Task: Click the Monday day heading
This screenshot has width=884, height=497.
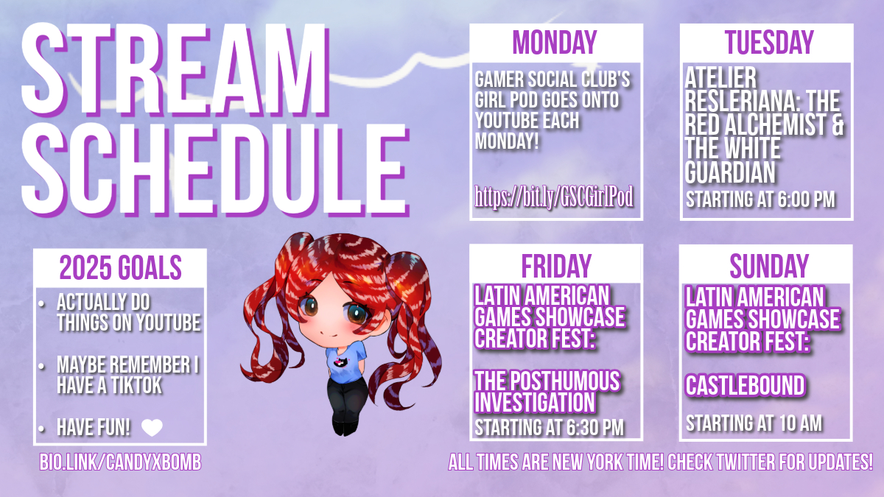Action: pyautogui.click(x=555, y=42)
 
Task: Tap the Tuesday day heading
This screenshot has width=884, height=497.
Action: pyautogui.click(x=769, y=42)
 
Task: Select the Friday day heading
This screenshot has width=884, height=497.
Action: pyautogui.click(x=556, y=267)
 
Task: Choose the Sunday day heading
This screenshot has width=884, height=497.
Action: pyautogui.click(x=769, y=267)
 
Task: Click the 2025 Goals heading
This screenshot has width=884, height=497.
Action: pyautogui.click(x=120, y=267)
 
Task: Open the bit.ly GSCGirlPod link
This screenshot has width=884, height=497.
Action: pyautogui.click(x=554, y=197)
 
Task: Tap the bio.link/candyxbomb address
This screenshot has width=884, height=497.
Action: pyautogui.click(x=120, y=462)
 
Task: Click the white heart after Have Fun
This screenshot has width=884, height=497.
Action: pyautogui.click(x=152, y=428)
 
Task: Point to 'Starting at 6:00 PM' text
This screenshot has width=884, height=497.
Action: pyautogui.click(x=760, y=200)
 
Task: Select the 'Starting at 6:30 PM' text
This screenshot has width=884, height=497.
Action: pyautogui.click(x=549, y=428)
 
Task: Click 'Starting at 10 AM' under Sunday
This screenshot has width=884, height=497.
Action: pyautogui.click(x=754, y=423)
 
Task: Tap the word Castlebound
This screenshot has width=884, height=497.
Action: pyautogui.click(x=745, y=385)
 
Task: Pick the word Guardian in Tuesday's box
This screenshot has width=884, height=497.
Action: pyautogui.click(x=730, y=172)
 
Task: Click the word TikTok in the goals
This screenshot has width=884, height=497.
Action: pyautogui.click(x=136, y=385)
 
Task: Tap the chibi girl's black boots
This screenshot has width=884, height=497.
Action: pyautogui.click(x=345, y=427)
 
